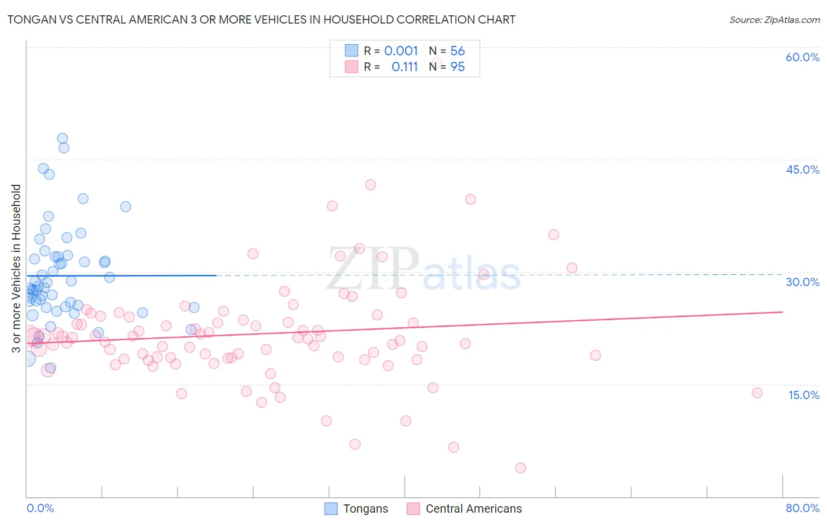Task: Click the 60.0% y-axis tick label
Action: pyautogui.click(x=802, y=57)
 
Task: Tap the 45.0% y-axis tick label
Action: pyautogui.click(x=802, y=170)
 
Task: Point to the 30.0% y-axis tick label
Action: pyautogui.click(x=802, y=282)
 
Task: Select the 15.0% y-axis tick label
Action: pyautogui.click(x=803, y=395)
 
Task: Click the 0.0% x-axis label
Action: pyautogui.click(x=40, y=508)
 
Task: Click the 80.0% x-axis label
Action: pyautogui.click(x=802, y=508)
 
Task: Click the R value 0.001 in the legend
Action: pyautogui.click(x=401, y=51)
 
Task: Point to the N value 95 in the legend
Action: pyautogui.click(x=458, y=67)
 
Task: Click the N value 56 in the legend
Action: pyautogui.click(x=458, y=51)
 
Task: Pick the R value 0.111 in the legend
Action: pyautogui.click(x=405, y=67)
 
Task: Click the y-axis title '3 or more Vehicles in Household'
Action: pyautogui.click(x=16, y=268)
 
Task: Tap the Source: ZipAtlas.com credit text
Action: pyautogui.click(x=774, y=19)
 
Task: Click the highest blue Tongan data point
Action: pyautogui.click(x=62, y=138)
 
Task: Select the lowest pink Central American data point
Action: pyautogui.click(x=520, y=468)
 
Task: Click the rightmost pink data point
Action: pyautogui.click(x=757, y=393)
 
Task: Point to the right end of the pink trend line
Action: pyautogui.click(x=782, y=312)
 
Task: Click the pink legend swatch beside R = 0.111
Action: pyautogui.click(x=351, y=67)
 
